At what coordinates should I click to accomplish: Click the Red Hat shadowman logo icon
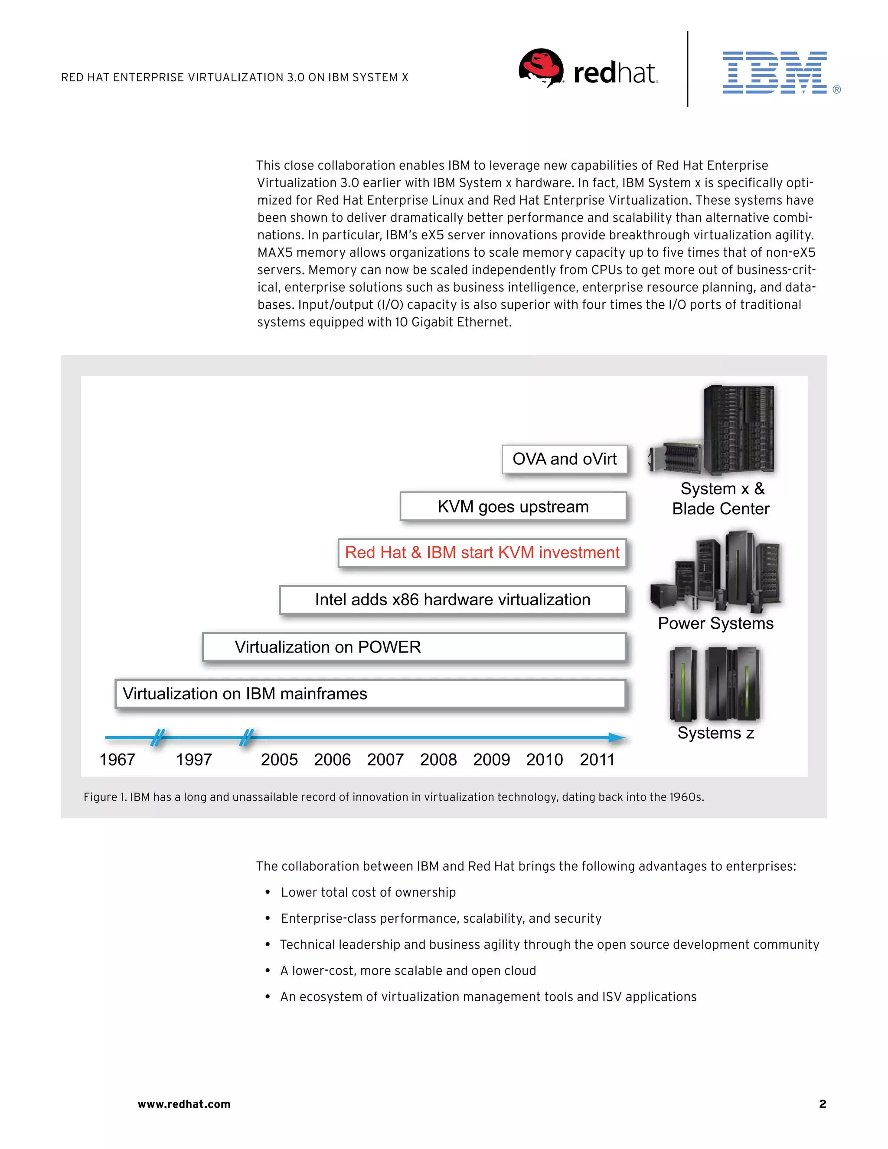pos(541,68)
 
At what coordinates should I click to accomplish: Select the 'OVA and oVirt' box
pos(565,459)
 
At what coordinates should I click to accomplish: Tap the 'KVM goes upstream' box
pos(513,506)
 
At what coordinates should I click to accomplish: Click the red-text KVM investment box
pos(482,553)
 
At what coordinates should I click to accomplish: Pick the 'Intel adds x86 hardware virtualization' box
pos(452,600)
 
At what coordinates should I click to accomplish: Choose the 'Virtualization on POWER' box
pos(414,647)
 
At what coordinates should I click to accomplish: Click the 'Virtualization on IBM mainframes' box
pos(370,694)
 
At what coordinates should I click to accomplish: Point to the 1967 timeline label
pos(118,760)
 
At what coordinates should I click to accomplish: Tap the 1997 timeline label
pos(193,760)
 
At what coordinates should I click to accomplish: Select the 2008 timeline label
pos(438,760)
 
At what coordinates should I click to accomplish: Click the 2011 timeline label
pos(597,760)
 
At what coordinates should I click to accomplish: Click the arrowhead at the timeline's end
pos(617,738)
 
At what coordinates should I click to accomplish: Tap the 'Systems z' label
pos(715,733)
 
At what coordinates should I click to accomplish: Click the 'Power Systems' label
pos(715,623)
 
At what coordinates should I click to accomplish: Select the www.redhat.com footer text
pos(184,1104)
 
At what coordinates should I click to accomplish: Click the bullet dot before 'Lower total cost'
pos(268,892)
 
